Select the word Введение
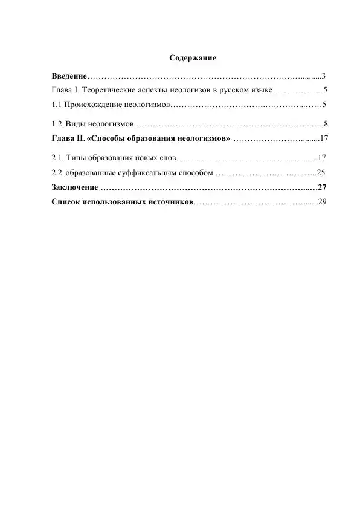(x=69, y=76)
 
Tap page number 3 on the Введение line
(x=324, y=76)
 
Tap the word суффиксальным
(x=138, y=172)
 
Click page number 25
(x=321, y=172)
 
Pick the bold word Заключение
(x=74, y=187)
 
